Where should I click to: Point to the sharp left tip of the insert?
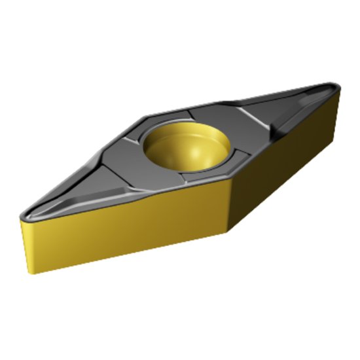(x=22, y=214)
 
